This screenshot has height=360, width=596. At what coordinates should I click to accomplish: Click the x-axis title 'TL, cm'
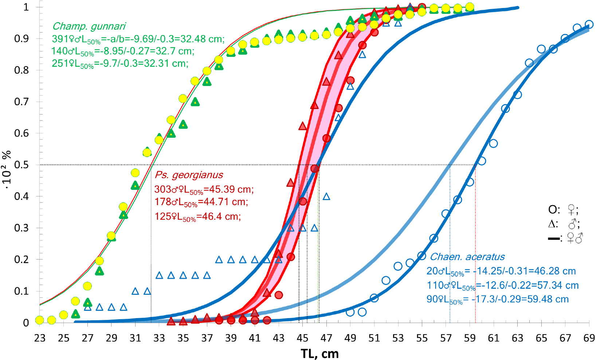click(x=319, y=353)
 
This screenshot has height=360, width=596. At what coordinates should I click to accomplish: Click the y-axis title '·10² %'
click(x=7, y=169)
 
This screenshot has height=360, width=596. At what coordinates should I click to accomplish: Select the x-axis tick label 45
click(x=302, y=339)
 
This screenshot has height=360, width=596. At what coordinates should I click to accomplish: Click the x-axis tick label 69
click(x=589, y=339)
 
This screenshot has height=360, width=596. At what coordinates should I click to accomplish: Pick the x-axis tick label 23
click(x=40, y=339)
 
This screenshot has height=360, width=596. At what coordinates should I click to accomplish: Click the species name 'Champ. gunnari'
click(x=89, y=26)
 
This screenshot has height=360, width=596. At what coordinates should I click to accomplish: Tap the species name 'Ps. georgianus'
click(x=189, y=175)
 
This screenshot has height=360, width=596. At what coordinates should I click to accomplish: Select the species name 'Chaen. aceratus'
click(x=467, y=257)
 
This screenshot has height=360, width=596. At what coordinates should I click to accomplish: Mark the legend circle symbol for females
click(x=553, y=210)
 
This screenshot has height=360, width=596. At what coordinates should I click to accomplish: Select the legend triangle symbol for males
click(x=553, y=224)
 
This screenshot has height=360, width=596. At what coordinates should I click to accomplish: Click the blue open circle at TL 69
click(x=589, y=25)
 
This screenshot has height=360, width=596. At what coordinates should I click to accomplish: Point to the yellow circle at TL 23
click(x=40, y=320)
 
